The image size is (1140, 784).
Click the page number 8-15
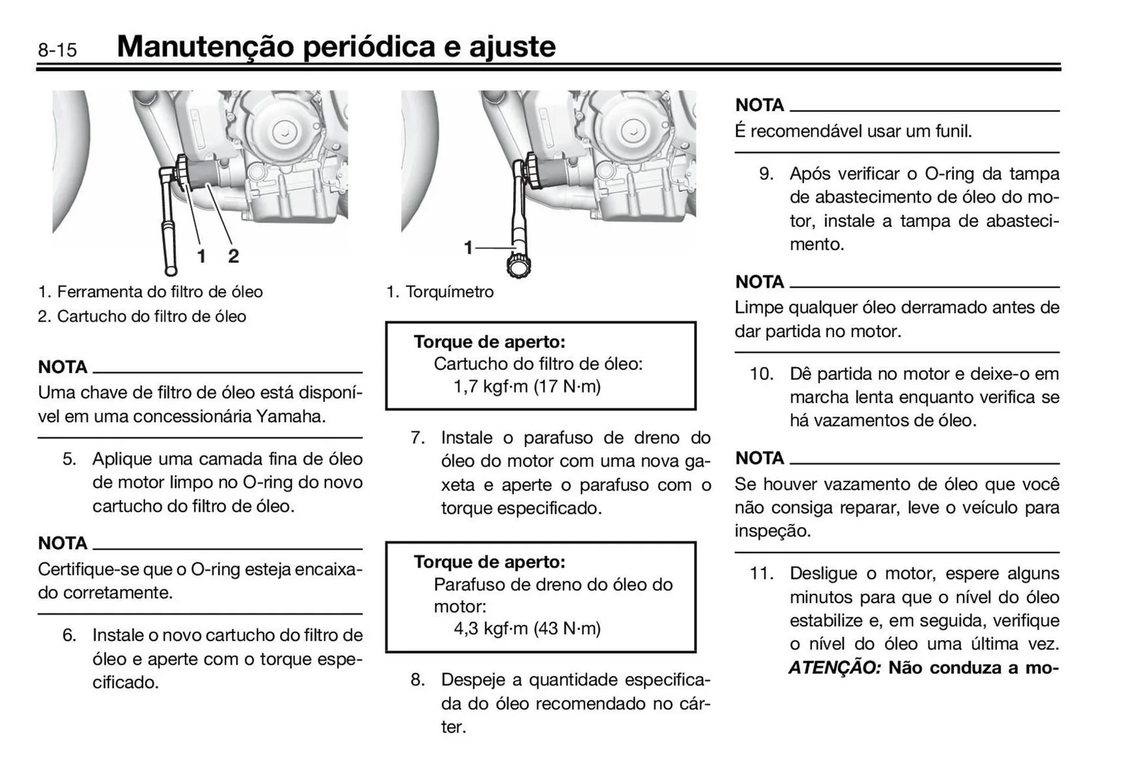(57, 49)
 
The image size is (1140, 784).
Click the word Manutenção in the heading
(205, 47)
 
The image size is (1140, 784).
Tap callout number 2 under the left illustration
(233, 256)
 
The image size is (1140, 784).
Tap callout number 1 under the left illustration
(201, 256)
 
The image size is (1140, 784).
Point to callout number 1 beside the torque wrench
(468, 247)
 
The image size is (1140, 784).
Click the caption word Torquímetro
(449, 292)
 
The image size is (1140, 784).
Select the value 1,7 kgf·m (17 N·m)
(527, 387)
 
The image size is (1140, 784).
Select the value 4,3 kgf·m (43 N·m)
(527, 629)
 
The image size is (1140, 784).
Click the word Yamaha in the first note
(290, 417)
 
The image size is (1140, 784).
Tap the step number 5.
(69, 459)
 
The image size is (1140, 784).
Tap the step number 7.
(418, 438)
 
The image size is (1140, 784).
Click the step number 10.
(761, 374)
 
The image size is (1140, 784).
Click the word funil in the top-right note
(952, 131)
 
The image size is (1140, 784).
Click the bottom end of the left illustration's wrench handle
(171, 271)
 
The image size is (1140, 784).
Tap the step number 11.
(761, 574)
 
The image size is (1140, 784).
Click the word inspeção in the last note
(772, 531)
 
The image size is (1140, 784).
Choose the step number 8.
(418, 680)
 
